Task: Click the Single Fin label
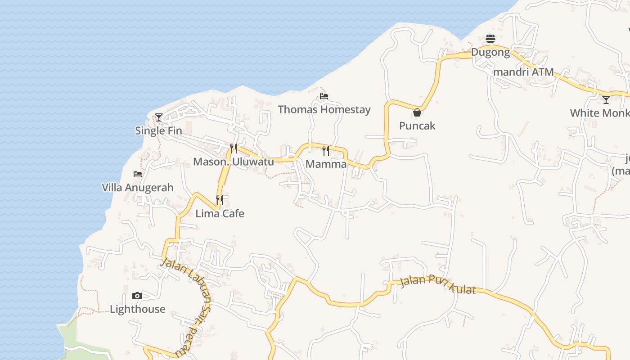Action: tap(158, 131)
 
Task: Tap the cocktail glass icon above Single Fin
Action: tap(159, 117)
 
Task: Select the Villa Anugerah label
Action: tap(138, 188)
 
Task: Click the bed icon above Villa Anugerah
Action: tap(138, 174)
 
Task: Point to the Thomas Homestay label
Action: tap(324, 109)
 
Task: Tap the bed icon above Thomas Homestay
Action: tap(324, 96)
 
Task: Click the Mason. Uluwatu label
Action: tap(233, 162)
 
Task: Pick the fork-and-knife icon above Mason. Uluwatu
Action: tap(234, 148)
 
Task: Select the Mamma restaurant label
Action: tap(326, 164)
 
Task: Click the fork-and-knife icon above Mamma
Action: tap(326, 151)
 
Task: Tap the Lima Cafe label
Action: tap(220, 214)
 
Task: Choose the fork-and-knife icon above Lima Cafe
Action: tap(220, 200)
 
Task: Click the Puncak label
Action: tap(417, 126)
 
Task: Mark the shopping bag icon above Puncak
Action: tap(417, 112)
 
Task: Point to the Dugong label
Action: tap(490, 52)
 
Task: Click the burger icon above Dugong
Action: tap(490, 39)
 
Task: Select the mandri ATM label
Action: tap(523, 72)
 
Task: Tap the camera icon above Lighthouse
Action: tap(137, 296)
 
